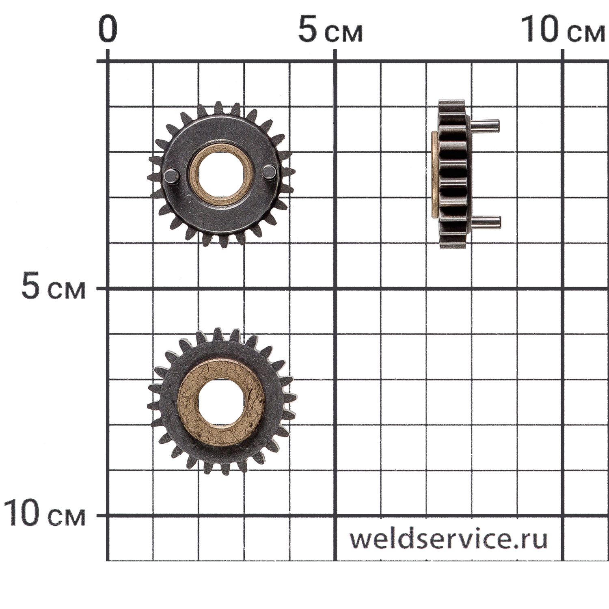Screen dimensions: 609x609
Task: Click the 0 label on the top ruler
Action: point(108,29)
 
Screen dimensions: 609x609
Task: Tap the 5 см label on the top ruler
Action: point(330,30)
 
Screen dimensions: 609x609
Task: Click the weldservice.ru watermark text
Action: point(449,538)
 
